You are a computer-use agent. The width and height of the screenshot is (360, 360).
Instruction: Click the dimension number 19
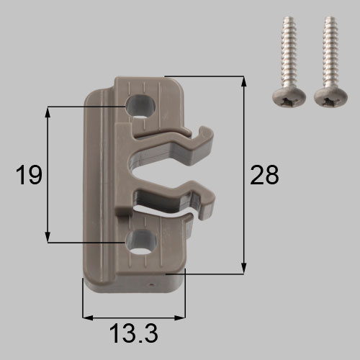coord(29,175)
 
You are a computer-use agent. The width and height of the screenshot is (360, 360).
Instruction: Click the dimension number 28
coord(264,175)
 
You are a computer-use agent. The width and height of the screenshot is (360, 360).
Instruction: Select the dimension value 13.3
coord(134,333)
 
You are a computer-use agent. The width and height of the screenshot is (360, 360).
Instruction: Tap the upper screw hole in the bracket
coord(140,107)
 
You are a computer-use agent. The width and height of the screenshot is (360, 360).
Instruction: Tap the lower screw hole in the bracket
coord(141,242)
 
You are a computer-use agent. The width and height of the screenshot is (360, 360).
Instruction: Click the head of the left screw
coord(289,99)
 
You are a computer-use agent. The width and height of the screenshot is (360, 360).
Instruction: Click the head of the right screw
coord(330,99)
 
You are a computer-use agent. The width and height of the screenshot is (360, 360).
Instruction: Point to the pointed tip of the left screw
coord(289,17)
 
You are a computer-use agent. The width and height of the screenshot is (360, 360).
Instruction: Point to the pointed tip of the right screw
coord(331,17)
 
